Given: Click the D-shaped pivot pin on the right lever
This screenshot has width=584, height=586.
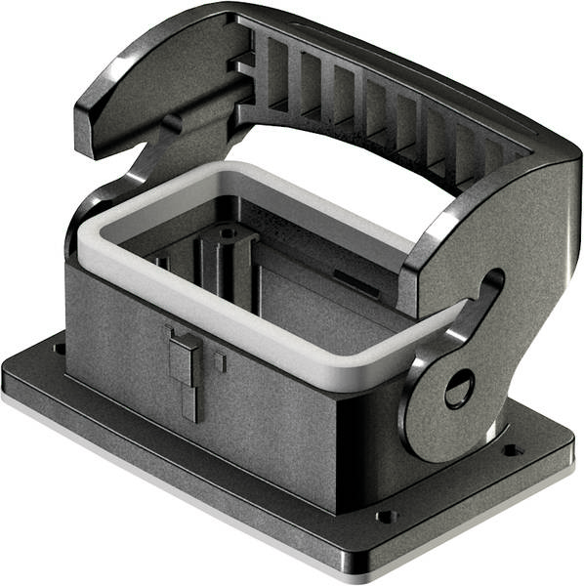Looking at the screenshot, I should [x=458, y=390].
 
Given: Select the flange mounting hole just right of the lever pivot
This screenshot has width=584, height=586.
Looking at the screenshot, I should [x=509, y=450].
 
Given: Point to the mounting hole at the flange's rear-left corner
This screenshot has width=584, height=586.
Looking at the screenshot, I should [x=60, y=347].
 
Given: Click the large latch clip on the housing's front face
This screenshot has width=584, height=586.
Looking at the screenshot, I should [x=182, y=365].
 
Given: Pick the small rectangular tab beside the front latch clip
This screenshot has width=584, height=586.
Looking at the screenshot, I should [x=220, y=362].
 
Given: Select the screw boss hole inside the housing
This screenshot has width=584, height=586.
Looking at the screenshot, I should [x=227, y=234].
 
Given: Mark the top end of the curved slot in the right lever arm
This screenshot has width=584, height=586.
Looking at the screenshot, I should [x=493, y=280].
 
